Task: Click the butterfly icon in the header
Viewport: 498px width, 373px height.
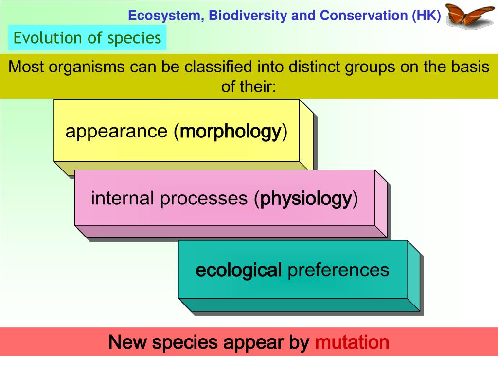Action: (470, 14)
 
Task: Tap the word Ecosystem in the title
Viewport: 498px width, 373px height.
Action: (165, 16)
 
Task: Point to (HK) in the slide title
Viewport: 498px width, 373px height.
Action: (427, 16)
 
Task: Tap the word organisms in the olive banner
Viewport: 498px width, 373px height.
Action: (88, 67)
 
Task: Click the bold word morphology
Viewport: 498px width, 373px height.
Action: (231, 131)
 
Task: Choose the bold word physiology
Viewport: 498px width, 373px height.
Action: (306, 199)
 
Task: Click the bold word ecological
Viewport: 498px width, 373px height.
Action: (238, 270)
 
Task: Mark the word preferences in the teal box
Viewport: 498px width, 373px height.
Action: (338, 270)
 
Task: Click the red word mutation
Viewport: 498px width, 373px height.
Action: (352, 342)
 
